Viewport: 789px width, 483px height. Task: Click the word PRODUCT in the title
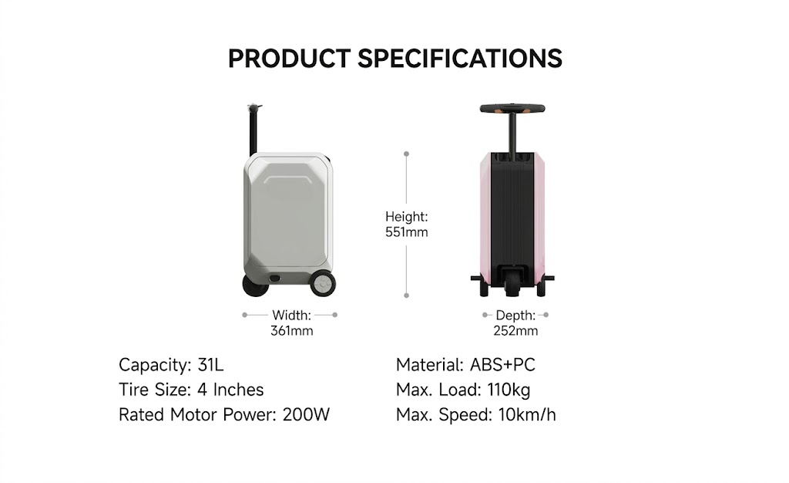click(290, 59)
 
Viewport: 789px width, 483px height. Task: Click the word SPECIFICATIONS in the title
click(460, 59)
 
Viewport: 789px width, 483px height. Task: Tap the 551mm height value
click(407, 232)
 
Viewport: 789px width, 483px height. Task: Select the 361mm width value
click(292, 331)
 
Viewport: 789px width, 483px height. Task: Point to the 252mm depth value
click(515, 331)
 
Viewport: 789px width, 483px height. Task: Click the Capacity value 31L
click(211, 365)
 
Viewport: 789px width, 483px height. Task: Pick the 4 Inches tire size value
click(230, 390)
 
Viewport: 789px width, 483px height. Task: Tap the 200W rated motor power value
click(306, 414)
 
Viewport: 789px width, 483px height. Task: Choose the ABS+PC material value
click(502, 365)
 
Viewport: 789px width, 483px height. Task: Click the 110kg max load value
click(509, 390)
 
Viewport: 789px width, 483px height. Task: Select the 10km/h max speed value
click(527, 414)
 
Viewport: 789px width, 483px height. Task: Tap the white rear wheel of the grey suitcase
click(323, 284)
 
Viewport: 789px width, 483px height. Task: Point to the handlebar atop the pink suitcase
click(512, 108)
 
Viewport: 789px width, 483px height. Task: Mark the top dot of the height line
click(407, 154)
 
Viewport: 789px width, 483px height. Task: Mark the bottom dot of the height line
click(407, 296)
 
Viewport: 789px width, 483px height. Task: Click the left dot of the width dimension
click(244, 316)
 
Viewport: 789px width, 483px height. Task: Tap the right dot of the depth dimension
click(546, 316)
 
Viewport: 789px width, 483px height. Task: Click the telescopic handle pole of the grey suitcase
click(253, 132)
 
